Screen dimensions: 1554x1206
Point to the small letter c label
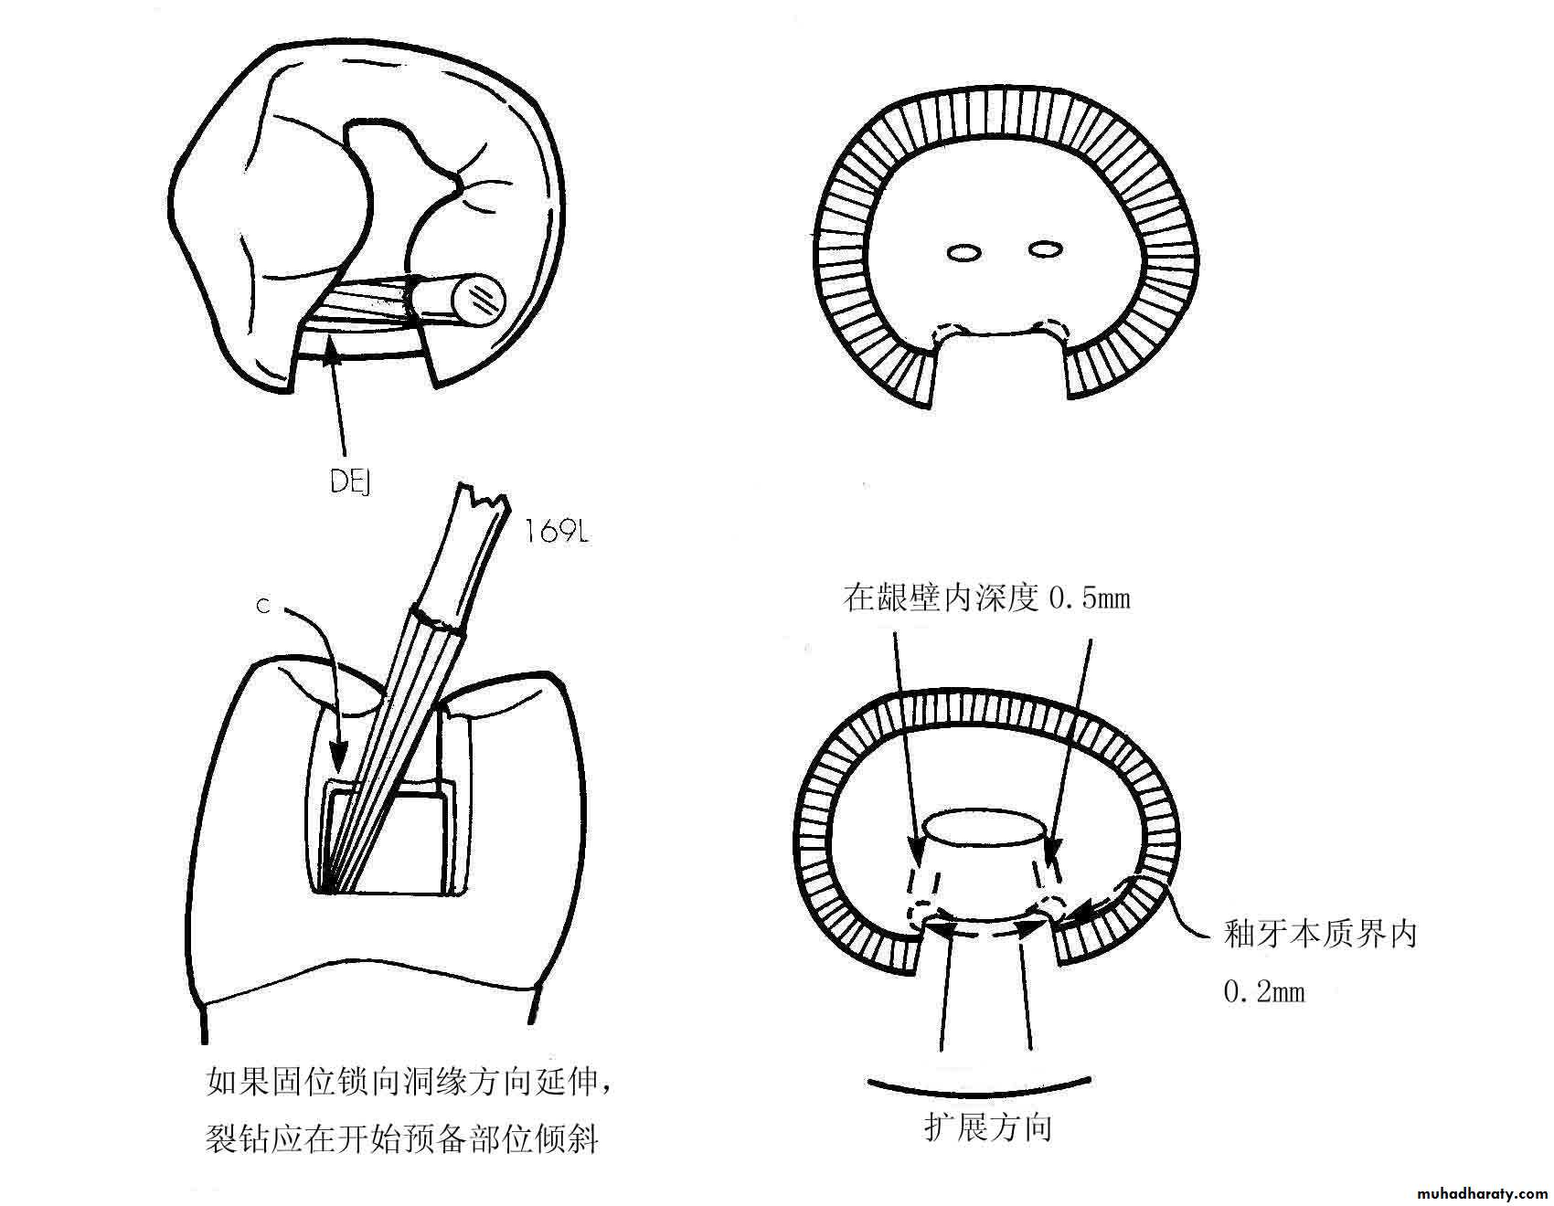263,606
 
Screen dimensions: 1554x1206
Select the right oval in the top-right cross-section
1046,248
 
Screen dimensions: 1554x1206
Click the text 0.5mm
1090,598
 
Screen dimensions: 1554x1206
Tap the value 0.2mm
1264,991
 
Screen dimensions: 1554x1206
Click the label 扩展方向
988,1127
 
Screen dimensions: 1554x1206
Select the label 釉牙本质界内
1320,934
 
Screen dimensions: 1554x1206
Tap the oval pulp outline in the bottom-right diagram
985,829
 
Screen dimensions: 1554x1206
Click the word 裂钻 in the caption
239,1138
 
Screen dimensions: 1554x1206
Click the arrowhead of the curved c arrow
338,764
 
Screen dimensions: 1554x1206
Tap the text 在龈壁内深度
941,598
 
